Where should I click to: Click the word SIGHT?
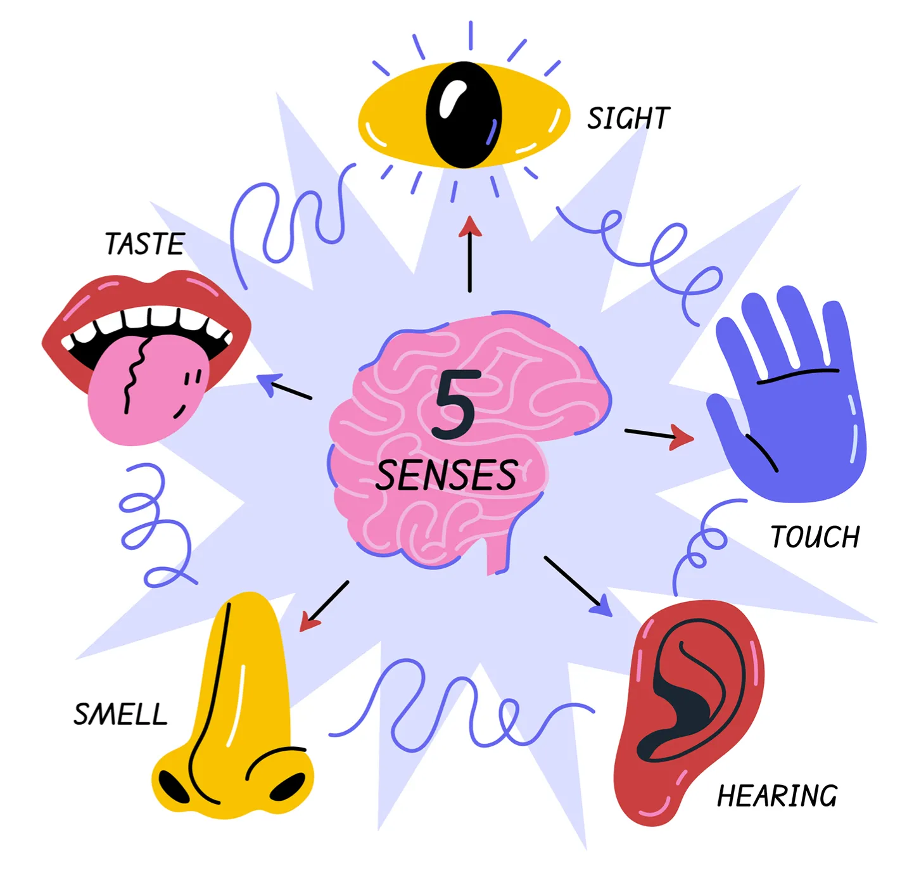(x=628, y=118)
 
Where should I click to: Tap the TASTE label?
(x=144, y=244)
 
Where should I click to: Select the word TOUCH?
(x=815, y=537)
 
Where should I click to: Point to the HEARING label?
(x=777, y=796)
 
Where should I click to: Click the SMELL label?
(x=120, y=715)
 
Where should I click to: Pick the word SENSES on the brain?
(x=447, y=475)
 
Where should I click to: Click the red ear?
(x=690, y=710)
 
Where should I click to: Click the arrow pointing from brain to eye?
(x=470, y=253)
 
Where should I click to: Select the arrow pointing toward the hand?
(x=659, y=435)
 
